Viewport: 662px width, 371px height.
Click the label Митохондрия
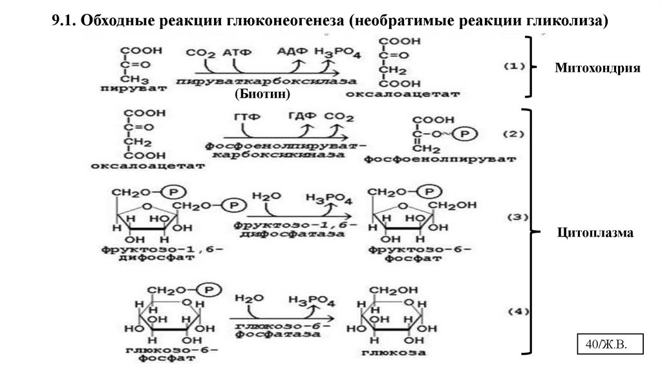pos(597,68)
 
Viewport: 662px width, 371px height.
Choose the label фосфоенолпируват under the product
pos(440,158)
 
